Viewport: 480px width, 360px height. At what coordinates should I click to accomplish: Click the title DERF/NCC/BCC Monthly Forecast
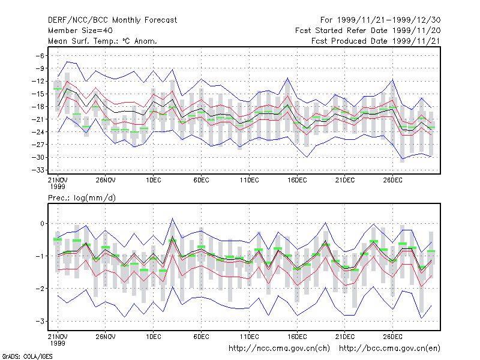(x=112, y=20)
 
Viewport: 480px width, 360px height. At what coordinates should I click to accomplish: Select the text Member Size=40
(x=80, y=31)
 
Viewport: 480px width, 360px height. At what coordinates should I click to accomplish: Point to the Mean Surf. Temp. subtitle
(x=103, y=41)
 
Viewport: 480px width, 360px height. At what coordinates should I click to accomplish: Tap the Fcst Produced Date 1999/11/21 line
(x=376, y=41)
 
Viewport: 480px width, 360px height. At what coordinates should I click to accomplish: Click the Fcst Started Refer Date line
(x=368, y=31)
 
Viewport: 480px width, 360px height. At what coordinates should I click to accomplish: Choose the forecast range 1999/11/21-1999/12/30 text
(x=380, y=20)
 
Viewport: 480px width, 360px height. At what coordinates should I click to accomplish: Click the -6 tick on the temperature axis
(x=40, y=56)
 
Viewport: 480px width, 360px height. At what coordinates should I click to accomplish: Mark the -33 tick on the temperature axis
(x=38, y=170)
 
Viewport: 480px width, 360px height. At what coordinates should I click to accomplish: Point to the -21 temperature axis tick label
(x=38, y=119)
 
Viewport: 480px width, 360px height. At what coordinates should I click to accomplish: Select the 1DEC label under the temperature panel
(x=154, y=180)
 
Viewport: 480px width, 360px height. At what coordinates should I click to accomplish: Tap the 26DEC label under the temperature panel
(x=392, y=180)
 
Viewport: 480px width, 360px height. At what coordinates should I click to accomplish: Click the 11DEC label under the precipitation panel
(x=249, y=337)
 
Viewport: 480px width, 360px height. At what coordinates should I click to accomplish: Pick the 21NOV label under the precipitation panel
(x=58, y=340)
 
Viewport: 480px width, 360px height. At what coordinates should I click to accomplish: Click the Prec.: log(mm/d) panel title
(x=82, y=198)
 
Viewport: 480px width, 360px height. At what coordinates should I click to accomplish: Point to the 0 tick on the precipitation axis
(x=42, y=223)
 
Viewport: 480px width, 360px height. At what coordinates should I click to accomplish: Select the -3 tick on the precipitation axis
(x=40, y=321)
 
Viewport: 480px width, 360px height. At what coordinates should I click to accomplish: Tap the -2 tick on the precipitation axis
(x=40, y=289)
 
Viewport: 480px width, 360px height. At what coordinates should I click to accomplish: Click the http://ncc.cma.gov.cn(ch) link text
(x=279, y=349)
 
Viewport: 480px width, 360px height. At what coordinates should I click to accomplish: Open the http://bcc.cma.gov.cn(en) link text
(x=389, y=349)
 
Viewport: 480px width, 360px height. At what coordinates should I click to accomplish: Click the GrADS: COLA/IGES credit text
(x=27, y=356)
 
